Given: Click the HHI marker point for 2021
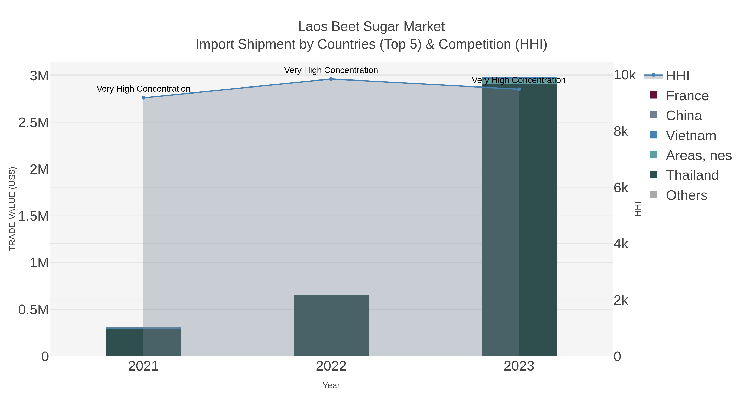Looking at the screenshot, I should (143, 98).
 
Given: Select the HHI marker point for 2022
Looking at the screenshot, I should (331, 79).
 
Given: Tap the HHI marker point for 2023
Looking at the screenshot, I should (519, 89).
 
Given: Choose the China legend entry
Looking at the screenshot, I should (684, 116).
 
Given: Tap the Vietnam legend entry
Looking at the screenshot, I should (691, 136).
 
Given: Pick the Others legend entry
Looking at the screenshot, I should (686, 195).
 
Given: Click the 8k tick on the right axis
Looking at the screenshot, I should (621, 131).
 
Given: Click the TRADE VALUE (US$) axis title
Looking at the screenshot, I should (12, 209).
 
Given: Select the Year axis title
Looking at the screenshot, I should (331, 385).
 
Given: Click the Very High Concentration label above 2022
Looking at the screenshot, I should (331, 70).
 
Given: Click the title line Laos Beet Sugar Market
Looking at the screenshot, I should (371, 27).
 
